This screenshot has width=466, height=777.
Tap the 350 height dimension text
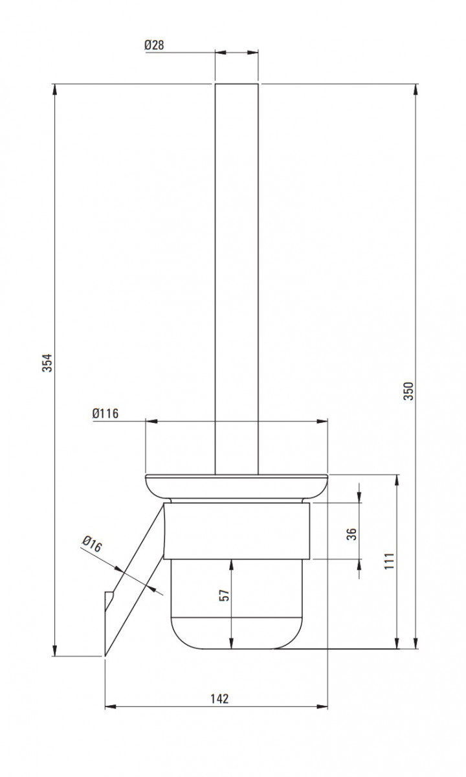click(408, 390)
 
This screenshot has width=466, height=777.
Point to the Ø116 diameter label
click(105, 414)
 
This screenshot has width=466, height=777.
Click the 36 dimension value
click(351, 534)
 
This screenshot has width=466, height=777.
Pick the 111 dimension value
click(388, 561)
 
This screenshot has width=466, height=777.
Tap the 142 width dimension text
click(219, 699)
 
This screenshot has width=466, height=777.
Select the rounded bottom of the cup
click(236, 631)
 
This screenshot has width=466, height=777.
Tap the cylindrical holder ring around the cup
click(236, 531)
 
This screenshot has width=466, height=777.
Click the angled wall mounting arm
click(133, 583)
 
